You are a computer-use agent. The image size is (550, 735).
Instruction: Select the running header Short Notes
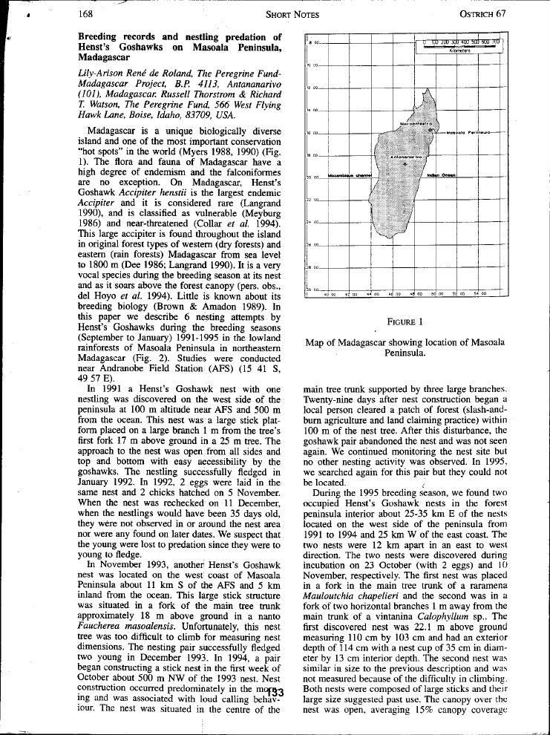pyautogui.click(x=292, y=13)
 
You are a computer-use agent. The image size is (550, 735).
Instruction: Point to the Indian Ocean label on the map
pyautogui.click(x=442, y=175)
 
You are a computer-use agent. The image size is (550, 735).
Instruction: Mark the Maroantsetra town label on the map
pyautogui.click(x=416, y=123)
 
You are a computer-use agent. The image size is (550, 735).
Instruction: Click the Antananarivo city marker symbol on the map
pyautogui.click(x=405, y=165)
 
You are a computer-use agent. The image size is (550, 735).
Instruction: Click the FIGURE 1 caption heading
pyautogui.click(x=405, y=321)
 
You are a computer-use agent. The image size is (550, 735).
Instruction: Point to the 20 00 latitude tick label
pyautogui.click(x=312, y=178)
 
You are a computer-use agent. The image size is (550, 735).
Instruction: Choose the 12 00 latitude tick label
pyautogui.click(x=312, y=88)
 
